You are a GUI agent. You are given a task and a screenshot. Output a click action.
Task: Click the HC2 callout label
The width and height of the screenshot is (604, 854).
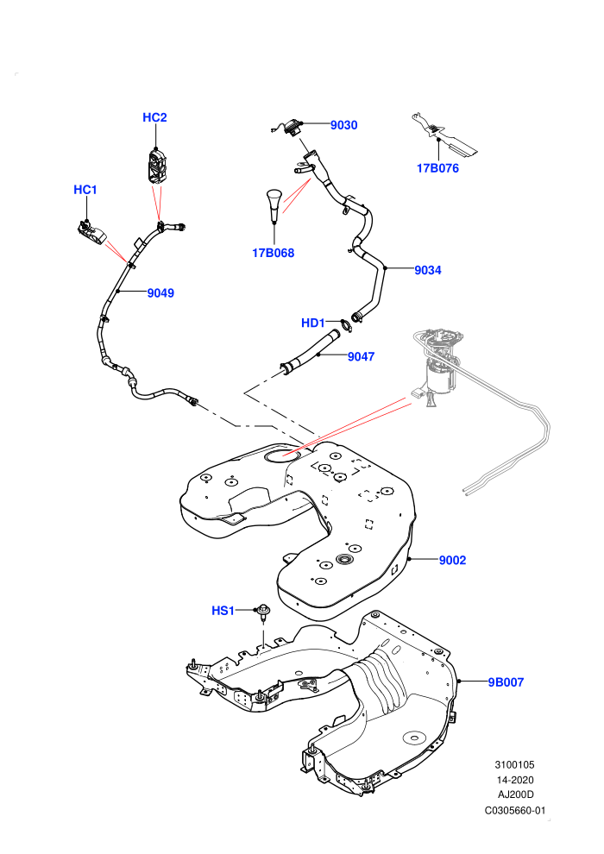[154, 117]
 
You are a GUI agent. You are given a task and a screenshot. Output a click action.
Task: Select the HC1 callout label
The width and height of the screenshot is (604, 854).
[85, 190]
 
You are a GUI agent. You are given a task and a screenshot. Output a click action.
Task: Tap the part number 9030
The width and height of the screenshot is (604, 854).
[344, 125]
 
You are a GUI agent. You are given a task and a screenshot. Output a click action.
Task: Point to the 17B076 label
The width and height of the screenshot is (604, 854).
[437, 168]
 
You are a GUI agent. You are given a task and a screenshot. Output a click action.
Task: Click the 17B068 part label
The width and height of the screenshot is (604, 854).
[273, 253]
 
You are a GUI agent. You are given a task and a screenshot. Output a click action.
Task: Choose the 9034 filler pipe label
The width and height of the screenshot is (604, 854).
[428, 270]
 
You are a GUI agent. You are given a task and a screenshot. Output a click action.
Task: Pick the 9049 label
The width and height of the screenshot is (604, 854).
[160, 293]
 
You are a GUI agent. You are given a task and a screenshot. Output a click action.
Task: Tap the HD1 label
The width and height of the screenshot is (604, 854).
[313, 323]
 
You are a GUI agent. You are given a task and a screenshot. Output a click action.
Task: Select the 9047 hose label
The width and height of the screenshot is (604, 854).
[361, 357]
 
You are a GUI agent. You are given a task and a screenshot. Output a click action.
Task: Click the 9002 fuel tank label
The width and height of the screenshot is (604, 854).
[453, 561]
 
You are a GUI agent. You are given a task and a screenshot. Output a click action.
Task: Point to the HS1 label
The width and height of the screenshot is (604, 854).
[223, 611]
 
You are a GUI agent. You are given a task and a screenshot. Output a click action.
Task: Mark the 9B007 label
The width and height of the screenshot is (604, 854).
[506, 682]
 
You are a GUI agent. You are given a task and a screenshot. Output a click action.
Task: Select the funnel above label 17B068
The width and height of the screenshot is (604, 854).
[274, 204]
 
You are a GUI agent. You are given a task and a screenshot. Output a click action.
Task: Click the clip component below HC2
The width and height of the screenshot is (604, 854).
[156, 166]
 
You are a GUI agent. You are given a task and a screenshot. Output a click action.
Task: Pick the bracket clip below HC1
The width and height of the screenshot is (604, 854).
[91, 232]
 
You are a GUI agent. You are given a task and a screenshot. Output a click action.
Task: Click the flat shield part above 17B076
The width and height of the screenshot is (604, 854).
[443, 132]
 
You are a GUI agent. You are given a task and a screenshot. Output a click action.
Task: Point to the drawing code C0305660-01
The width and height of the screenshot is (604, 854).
[514, 810]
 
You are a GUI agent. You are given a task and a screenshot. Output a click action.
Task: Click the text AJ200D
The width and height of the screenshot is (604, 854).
[516, 794]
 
